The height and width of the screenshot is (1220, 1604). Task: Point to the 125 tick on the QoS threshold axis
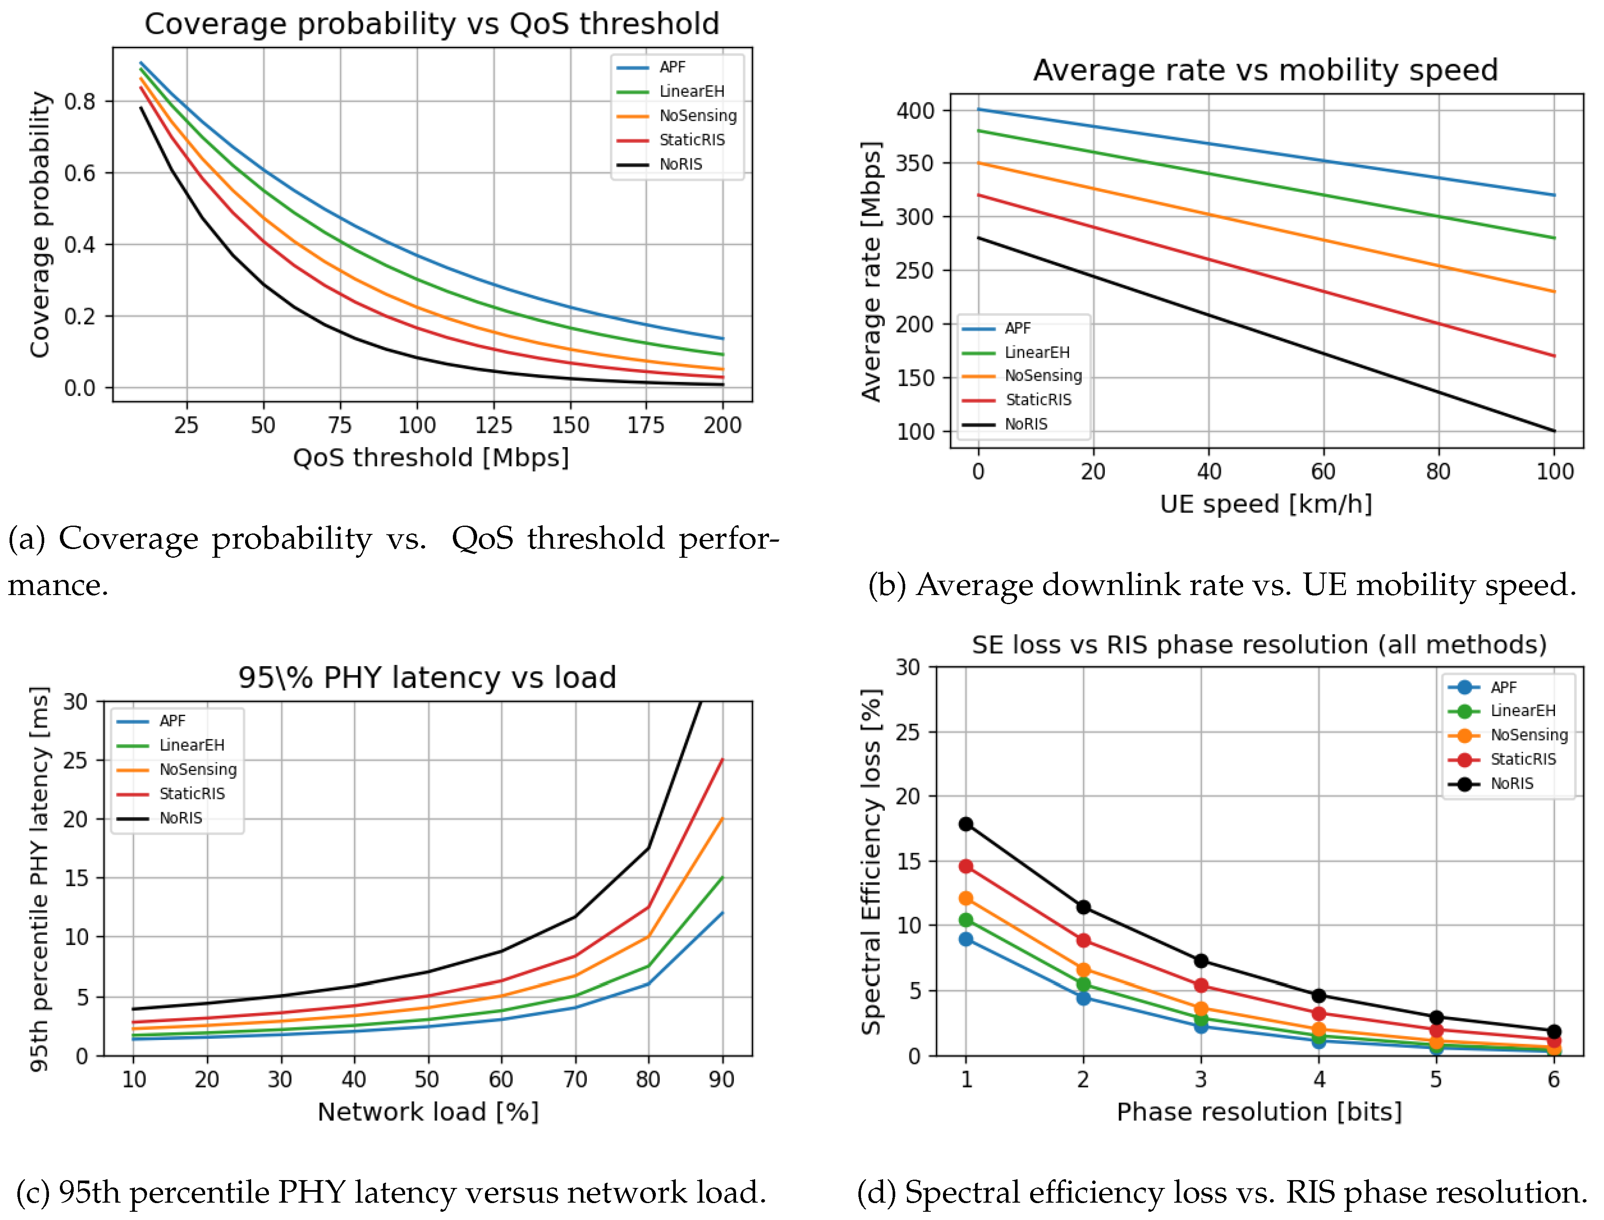click(x=494, y=425)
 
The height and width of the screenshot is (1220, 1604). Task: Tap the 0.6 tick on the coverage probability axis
click(x=80, y=173)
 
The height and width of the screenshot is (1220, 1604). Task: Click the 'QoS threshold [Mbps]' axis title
click(x=431, y=458)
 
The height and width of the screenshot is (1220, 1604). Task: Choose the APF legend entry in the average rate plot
click(x=1017, y=328)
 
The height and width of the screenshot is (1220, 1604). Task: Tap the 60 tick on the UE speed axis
click(x=1323, y=472)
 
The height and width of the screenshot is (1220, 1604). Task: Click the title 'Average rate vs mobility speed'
click(x=1266, y=70)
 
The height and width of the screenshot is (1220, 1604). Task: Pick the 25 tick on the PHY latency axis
click(x=75, y=760)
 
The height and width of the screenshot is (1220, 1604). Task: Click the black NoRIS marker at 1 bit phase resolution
click(x=966, y=824)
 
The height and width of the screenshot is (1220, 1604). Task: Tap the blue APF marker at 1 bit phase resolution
click(x=966, y=939)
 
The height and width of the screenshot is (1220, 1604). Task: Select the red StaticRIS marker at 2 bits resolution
click(x=1084, y=940)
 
